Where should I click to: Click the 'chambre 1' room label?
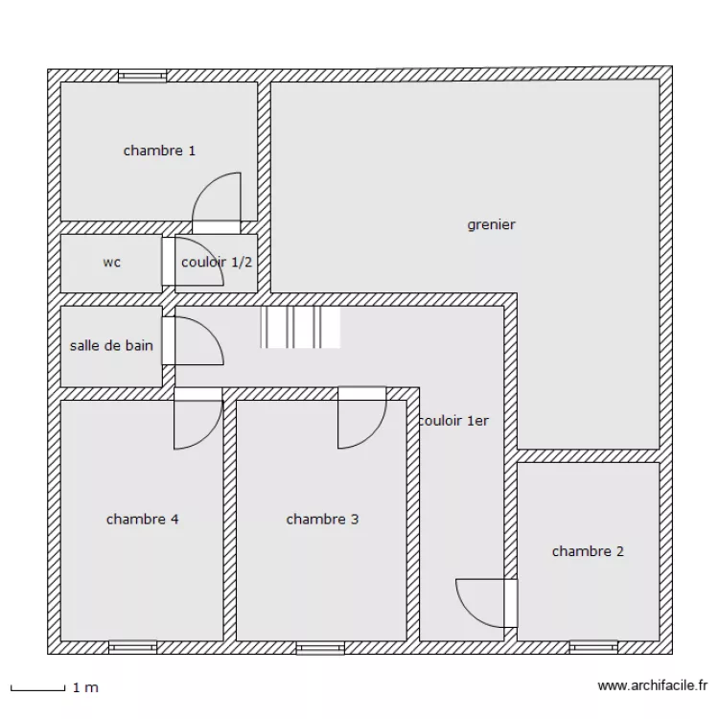click(159, 151)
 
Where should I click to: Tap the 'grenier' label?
click(491, 224)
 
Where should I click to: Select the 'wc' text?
click(112, 263)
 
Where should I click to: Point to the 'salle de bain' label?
click(111, 345)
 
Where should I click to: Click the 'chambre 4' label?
click(142, 519)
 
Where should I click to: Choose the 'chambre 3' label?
click(322, 519)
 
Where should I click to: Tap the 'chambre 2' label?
click(588, 551)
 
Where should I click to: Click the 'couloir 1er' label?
click(454, 421)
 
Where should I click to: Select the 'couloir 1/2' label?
click(217, 263)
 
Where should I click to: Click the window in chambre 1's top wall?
click(142, 76)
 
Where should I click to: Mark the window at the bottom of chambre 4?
click(132, 647)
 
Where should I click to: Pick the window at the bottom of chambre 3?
click(320, 647)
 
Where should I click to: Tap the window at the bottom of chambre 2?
click(593, 647)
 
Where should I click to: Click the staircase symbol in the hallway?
click(300, 327)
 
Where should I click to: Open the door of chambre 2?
click(487, 603)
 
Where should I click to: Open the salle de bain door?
click(193, 340)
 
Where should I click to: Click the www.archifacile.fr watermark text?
click(653, 685)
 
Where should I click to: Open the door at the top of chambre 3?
click(362, 418)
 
